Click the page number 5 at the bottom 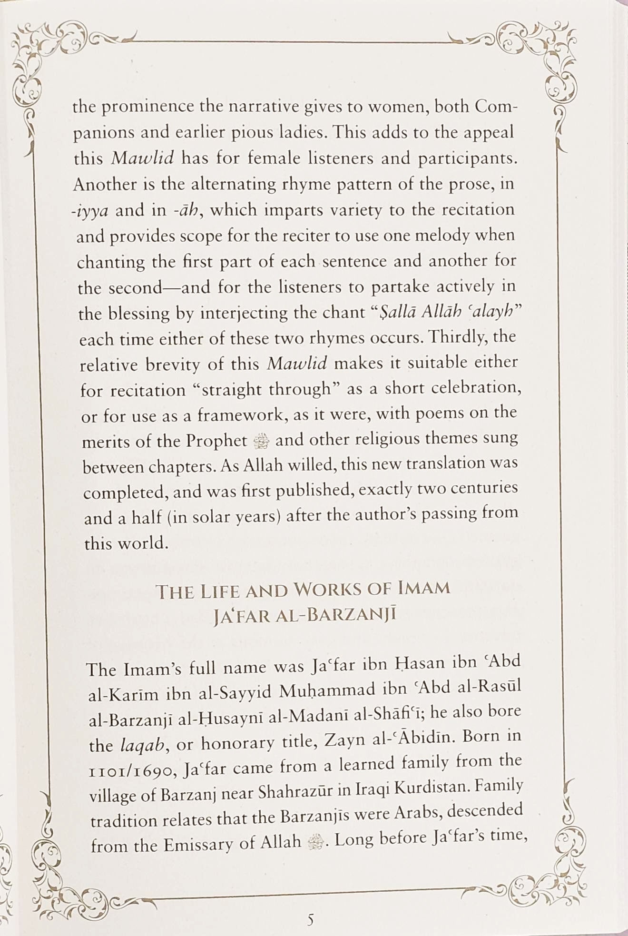click(x=310, y=919)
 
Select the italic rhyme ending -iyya click(x=90, y=211)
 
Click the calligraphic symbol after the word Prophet click(x=262, y=442)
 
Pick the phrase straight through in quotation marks click(x=265, y=390)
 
